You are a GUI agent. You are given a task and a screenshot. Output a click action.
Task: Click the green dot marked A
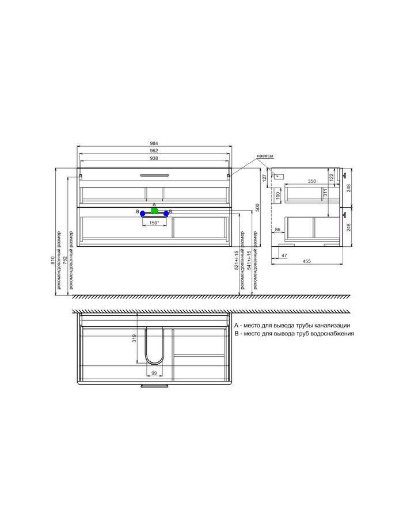[x=154, y=211]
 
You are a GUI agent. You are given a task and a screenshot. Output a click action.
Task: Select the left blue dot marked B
[x=143, y=213]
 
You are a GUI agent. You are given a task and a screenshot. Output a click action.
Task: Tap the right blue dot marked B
[x=166, y=213]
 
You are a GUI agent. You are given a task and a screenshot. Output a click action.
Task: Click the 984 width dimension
[x=154, y=143]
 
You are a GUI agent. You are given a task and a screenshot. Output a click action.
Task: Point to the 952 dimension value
[x=154, y=151]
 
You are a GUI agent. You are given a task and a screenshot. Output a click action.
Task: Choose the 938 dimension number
[x=154, y=158]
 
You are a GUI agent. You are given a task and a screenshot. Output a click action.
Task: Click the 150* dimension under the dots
[x=154, y=223]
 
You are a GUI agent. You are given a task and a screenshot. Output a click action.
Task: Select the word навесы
[x=265, y=156]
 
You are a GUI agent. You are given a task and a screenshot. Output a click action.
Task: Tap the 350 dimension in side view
[x=312, y=181]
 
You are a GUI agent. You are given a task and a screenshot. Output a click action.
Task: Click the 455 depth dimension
[x=306, y=261]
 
